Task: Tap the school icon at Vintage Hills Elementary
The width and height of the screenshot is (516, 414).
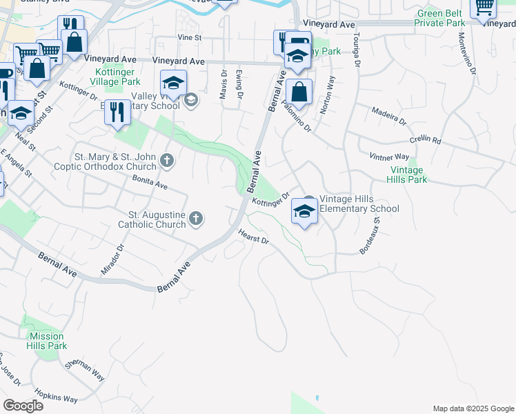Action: pos(304,212)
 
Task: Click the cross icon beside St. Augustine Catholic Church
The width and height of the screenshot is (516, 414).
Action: pos(196,219)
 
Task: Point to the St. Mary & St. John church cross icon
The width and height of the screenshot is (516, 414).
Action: pos(166,161)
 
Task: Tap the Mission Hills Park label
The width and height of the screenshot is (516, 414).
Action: pos(48,341)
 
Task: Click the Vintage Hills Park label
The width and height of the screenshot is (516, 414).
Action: pos(408,175)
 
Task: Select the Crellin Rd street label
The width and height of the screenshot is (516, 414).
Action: pos(425,139)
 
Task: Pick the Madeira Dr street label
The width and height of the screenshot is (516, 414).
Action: pos(389,116)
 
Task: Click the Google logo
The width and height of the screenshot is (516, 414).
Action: pos(23,405)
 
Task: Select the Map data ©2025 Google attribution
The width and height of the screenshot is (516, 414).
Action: pos(473,408)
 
